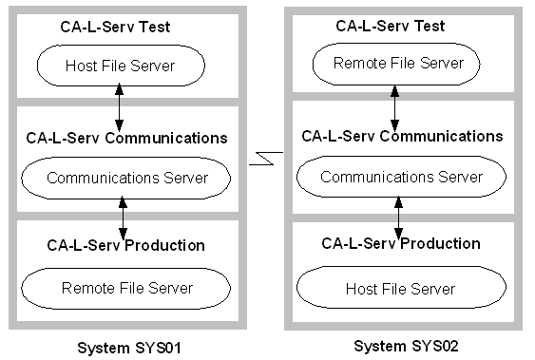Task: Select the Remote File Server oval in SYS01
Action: tap(126, 288)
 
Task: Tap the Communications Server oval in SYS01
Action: tap(125, 177)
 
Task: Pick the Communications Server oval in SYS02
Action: tap(401, 177)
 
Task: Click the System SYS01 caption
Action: tap(128, 348)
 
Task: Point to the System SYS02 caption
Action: tap(406, 346)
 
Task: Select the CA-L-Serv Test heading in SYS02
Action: tap(390, 26)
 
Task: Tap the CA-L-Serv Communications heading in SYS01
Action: tap(124, 138)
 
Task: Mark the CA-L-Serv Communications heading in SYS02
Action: tap(401, 135)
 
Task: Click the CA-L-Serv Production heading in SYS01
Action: tap(125, 245)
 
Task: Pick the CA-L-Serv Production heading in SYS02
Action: tap(401, 244)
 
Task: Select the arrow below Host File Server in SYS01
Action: tap(119, 106)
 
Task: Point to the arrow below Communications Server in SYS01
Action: tap(124, 218)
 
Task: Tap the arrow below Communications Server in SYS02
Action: tap(398, 218)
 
